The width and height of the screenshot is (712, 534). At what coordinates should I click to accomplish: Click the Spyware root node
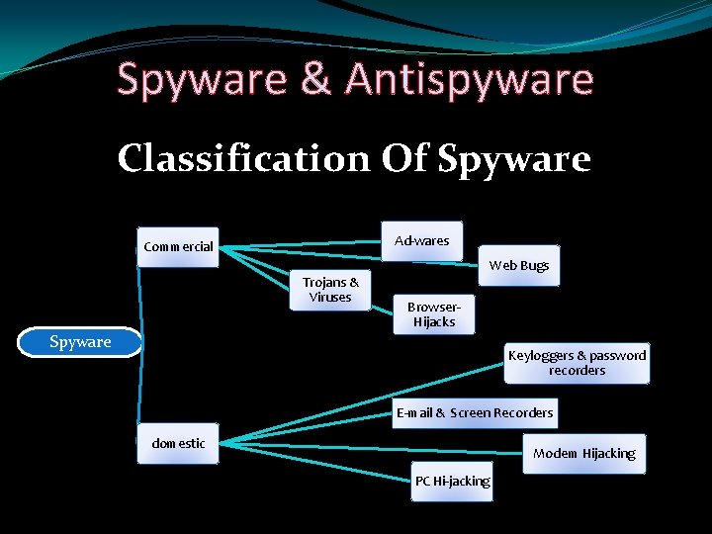(x=80, y=342)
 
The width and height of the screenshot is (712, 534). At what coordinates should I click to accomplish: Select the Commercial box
(x=178, y=246)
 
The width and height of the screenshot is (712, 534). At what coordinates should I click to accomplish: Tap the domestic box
(x=178, y=443)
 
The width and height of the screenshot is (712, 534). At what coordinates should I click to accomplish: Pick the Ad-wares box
(x=422, y=240)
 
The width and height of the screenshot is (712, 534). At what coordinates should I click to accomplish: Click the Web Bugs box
(x=519, y=265)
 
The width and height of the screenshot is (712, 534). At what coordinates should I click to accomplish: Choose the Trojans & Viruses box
(x=330, y=290)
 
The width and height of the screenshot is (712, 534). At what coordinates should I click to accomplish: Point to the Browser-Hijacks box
(x=433, y=314)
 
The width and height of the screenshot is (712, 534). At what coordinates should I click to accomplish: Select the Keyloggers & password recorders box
(x=577, y=363)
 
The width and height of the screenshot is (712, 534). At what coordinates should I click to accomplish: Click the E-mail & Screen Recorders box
(x=475, y=412)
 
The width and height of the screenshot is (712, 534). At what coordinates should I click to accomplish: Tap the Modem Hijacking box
(x=583, y=453)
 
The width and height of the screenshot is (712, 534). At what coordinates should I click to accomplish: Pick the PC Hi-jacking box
(x=452, y=482)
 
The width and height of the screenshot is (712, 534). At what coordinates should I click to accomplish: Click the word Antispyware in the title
(x=469, y=80)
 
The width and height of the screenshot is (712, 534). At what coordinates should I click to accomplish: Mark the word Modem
(x=556, y=453)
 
